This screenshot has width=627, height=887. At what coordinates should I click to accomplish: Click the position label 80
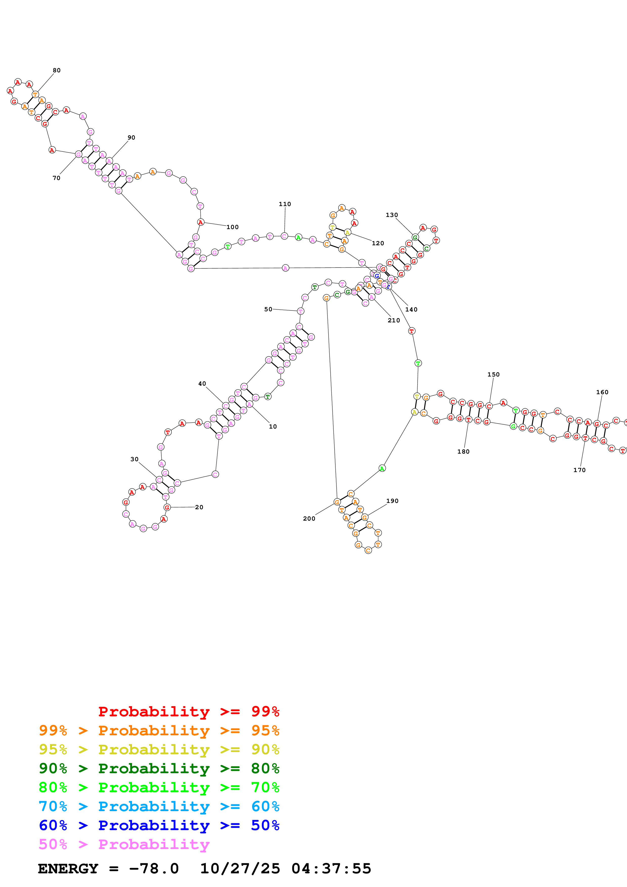click(57, 70)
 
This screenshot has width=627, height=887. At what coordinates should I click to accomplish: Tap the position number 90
click(131, 138)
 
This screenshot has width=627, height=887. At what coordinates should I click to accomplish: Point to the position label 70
click(56, 178)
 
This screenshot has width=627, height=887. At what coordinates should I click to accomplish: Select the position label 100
click(233, 227)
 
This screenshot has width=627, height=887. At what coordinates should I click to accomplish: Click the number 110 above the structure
click(285, 204)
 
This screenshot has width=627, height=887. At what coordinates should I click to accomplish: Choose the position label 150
click(493, 374)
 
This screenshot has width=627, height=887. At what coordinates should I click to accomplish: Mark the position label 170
click(579, 470)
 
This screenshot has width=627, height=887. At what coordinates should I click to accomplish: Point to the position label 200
click(309, 518)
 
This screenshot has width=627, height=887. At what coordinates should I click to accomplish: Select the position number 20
click(199, 507)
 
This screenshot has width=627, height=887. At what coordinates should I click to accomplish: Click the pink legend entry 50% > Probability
click(124, 845)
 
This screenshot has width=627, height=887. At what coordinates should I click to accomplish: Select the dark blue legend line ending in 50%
click(159, 826)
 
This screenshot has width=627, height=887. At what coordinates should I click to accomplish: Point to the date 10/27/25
click(240, 869)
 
